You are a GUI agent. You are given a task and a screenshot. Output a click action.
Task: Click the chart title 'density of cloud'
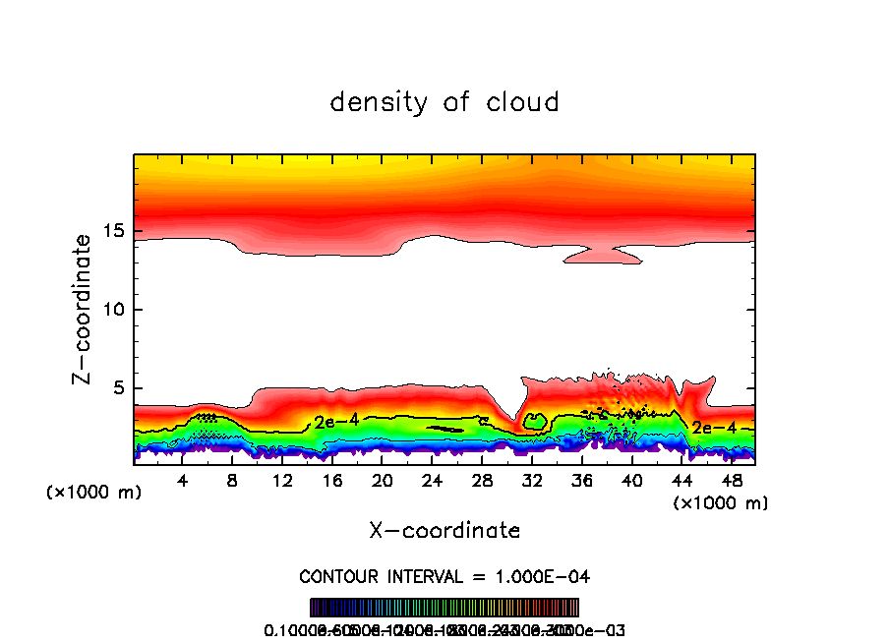pos(444,102)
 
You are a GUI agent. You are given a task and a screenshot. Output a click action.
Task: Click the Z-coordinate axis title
pos(85,308)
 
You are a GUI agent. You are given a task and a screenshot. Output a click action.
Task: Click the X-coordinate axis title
pos(444,531)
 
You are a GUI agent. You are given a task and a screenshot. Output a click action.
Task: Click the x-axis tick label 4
pos(183,481)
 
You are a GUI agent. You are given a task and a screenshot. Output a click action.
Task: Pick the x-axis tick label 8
pos(232,481)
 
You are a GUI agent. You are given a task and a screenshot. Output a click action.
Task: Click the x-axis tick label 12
pos(282,481)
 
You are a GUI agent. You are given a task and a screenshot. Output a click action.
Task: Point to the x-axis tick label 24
pos(432,481)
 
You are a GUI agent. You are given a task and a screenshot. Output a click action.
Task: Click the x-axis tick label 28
pos(482,481)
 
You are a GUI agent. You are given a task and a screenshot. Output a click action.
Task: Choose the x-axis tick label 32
pos(532,481)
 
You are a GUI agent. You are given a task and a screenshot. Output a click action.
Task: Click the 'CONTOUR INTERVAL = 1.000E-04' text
pos(444,576)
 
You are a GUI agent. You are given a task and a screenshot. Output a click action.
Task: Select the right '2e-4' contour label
pos(714,428)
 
